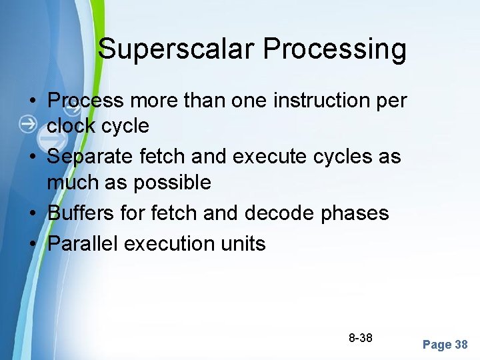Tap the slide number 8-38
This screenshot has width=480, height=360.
(361, 338)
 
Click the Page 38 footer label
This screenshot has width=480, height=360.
(445, 345)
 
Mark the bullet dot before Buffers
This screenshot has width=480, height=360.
(33, 214)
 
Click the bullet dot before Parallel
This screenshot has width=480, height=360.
(33, 244)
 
